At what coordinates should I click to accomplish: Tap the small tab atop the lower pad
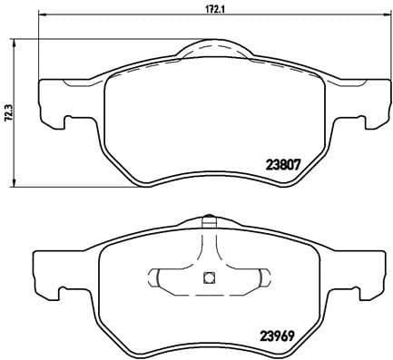208,219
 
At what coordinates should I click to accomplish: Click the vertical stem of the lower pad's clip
207,249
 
